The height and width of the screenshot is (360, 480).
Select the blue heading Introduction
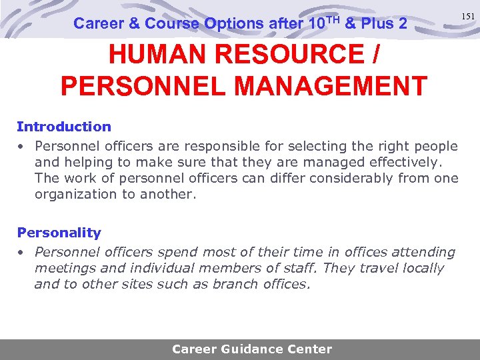tap(64, 127)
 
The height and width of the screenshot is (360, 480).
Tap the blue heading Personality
tap(59, 233)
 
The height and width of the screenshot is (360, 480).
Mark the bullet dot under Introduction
tap(21, 146)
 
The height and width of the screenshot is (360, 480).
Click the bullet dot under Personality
tap(21, 253)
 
